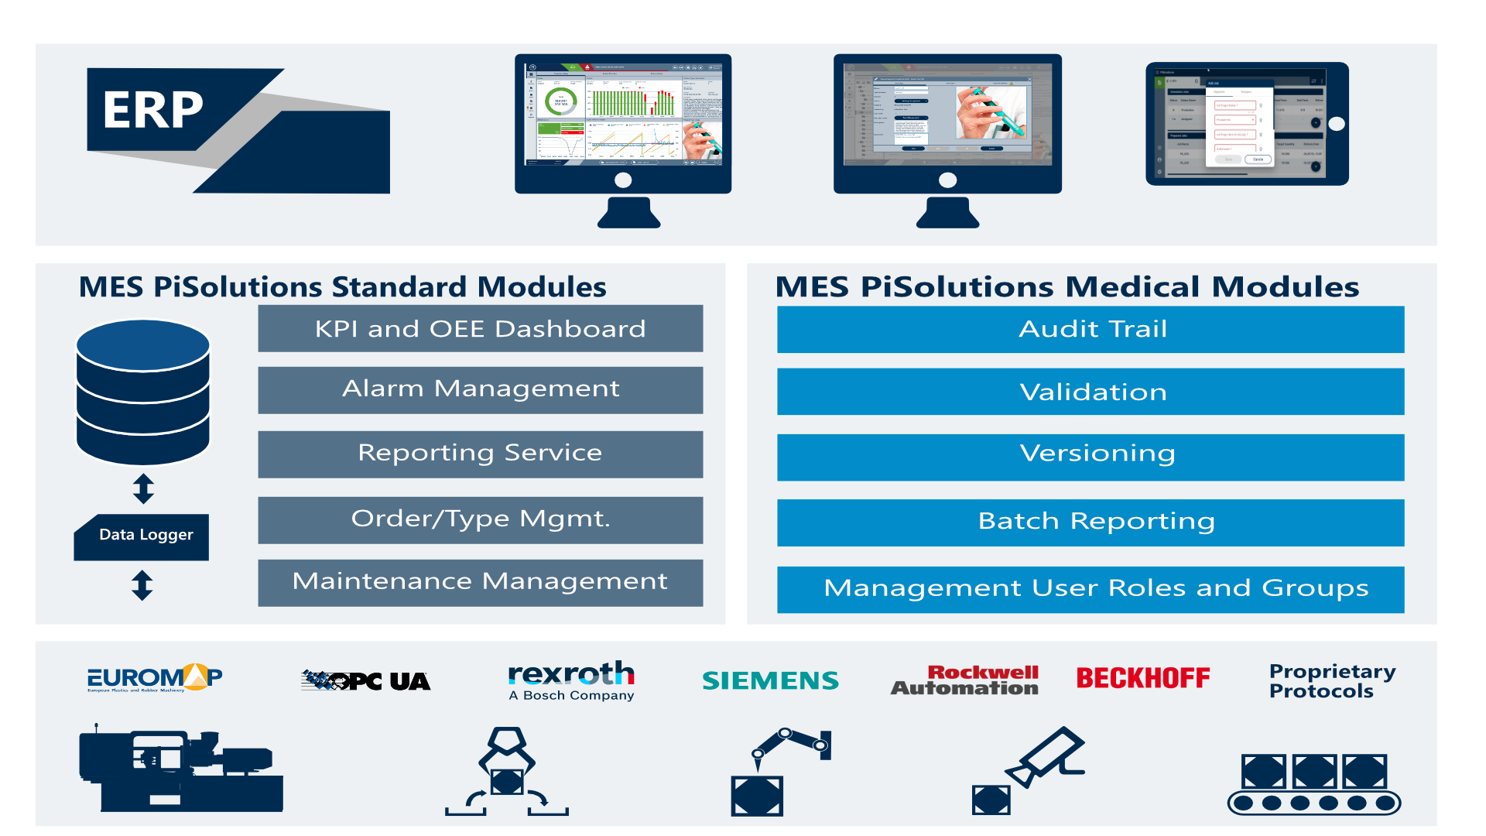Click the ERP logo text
[x=153, y=110]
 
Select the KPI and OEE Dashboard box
[x=480, y=329]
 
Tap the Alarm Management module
[x=480, y=389]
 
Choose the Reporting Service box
[x=480, y=454]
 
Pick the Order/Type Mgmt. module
[x=480, y=519]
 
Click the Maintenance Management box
[x=480, y=582]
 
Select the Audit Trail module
[x=1091, y=330]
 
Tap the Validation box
[x=1091, y=392]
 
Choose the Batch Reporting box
[x=1091, y=522]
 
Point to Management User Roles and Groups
[x=1091, y=589]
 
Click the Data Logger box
[x=142, y=536]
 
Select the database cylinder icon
[x=142, y=392]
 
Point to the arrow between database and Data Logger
[x=143, y=488]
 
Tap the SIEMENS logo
[x=770, y=680]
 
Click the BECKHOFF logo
[x=1142, y=678]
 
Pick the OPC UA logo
[x=365, y=680]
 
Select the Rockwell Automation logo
[x=965, y=680]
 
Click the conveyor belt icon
[x=1313, y=783]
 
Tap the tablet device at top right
[x=1246, y=124]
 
